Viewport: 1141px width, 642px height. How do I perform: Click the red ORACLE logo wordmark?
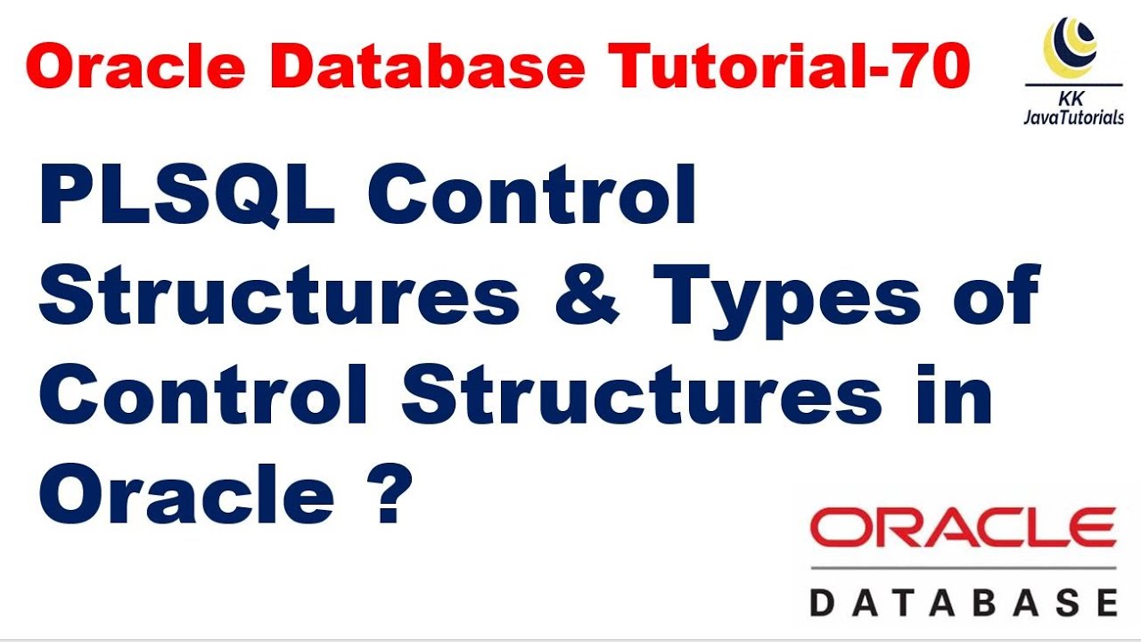tap(963, 528)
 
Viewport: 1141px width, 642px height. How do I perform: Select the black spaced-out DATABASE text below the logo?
tap(963, 601)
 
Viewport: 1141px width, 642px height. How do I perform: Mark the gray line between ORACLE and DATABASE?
tap(963, 567)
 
